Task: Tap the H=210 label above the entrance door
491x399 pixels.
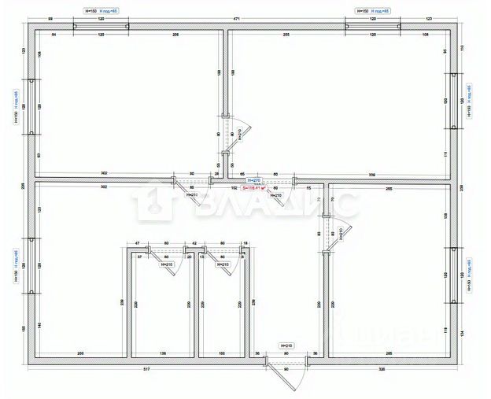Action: pyautogui.click(x=286, y=346)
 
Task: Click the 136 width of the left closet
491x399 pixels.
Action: pyautogui.click(x=163, y=353)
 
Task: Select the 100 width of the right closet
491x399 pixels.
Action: pyautogui.click(x=222, y=353)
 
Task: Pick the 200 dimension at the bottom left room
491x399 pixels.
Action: pyautogui.click(x=80, y=353)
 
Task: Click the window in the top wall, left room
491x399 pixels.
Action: pyautogui.click(x=102, y=27)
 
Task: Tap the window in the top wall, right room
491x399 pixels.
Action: pyautogui.click(x=373, y=27)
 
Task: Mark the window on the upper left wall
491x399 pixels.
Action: pyautogui.click(x=31, y=106)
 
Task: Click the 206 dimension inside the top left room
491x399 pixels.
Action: pyautogui.click(x=176, y=36)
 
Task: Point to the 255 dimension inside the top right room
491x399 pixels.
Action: pyautogui.click(x=287, y=36)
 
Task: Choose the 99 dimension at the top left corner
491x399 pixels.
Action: pyautogui.click(x=50, y=17)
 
